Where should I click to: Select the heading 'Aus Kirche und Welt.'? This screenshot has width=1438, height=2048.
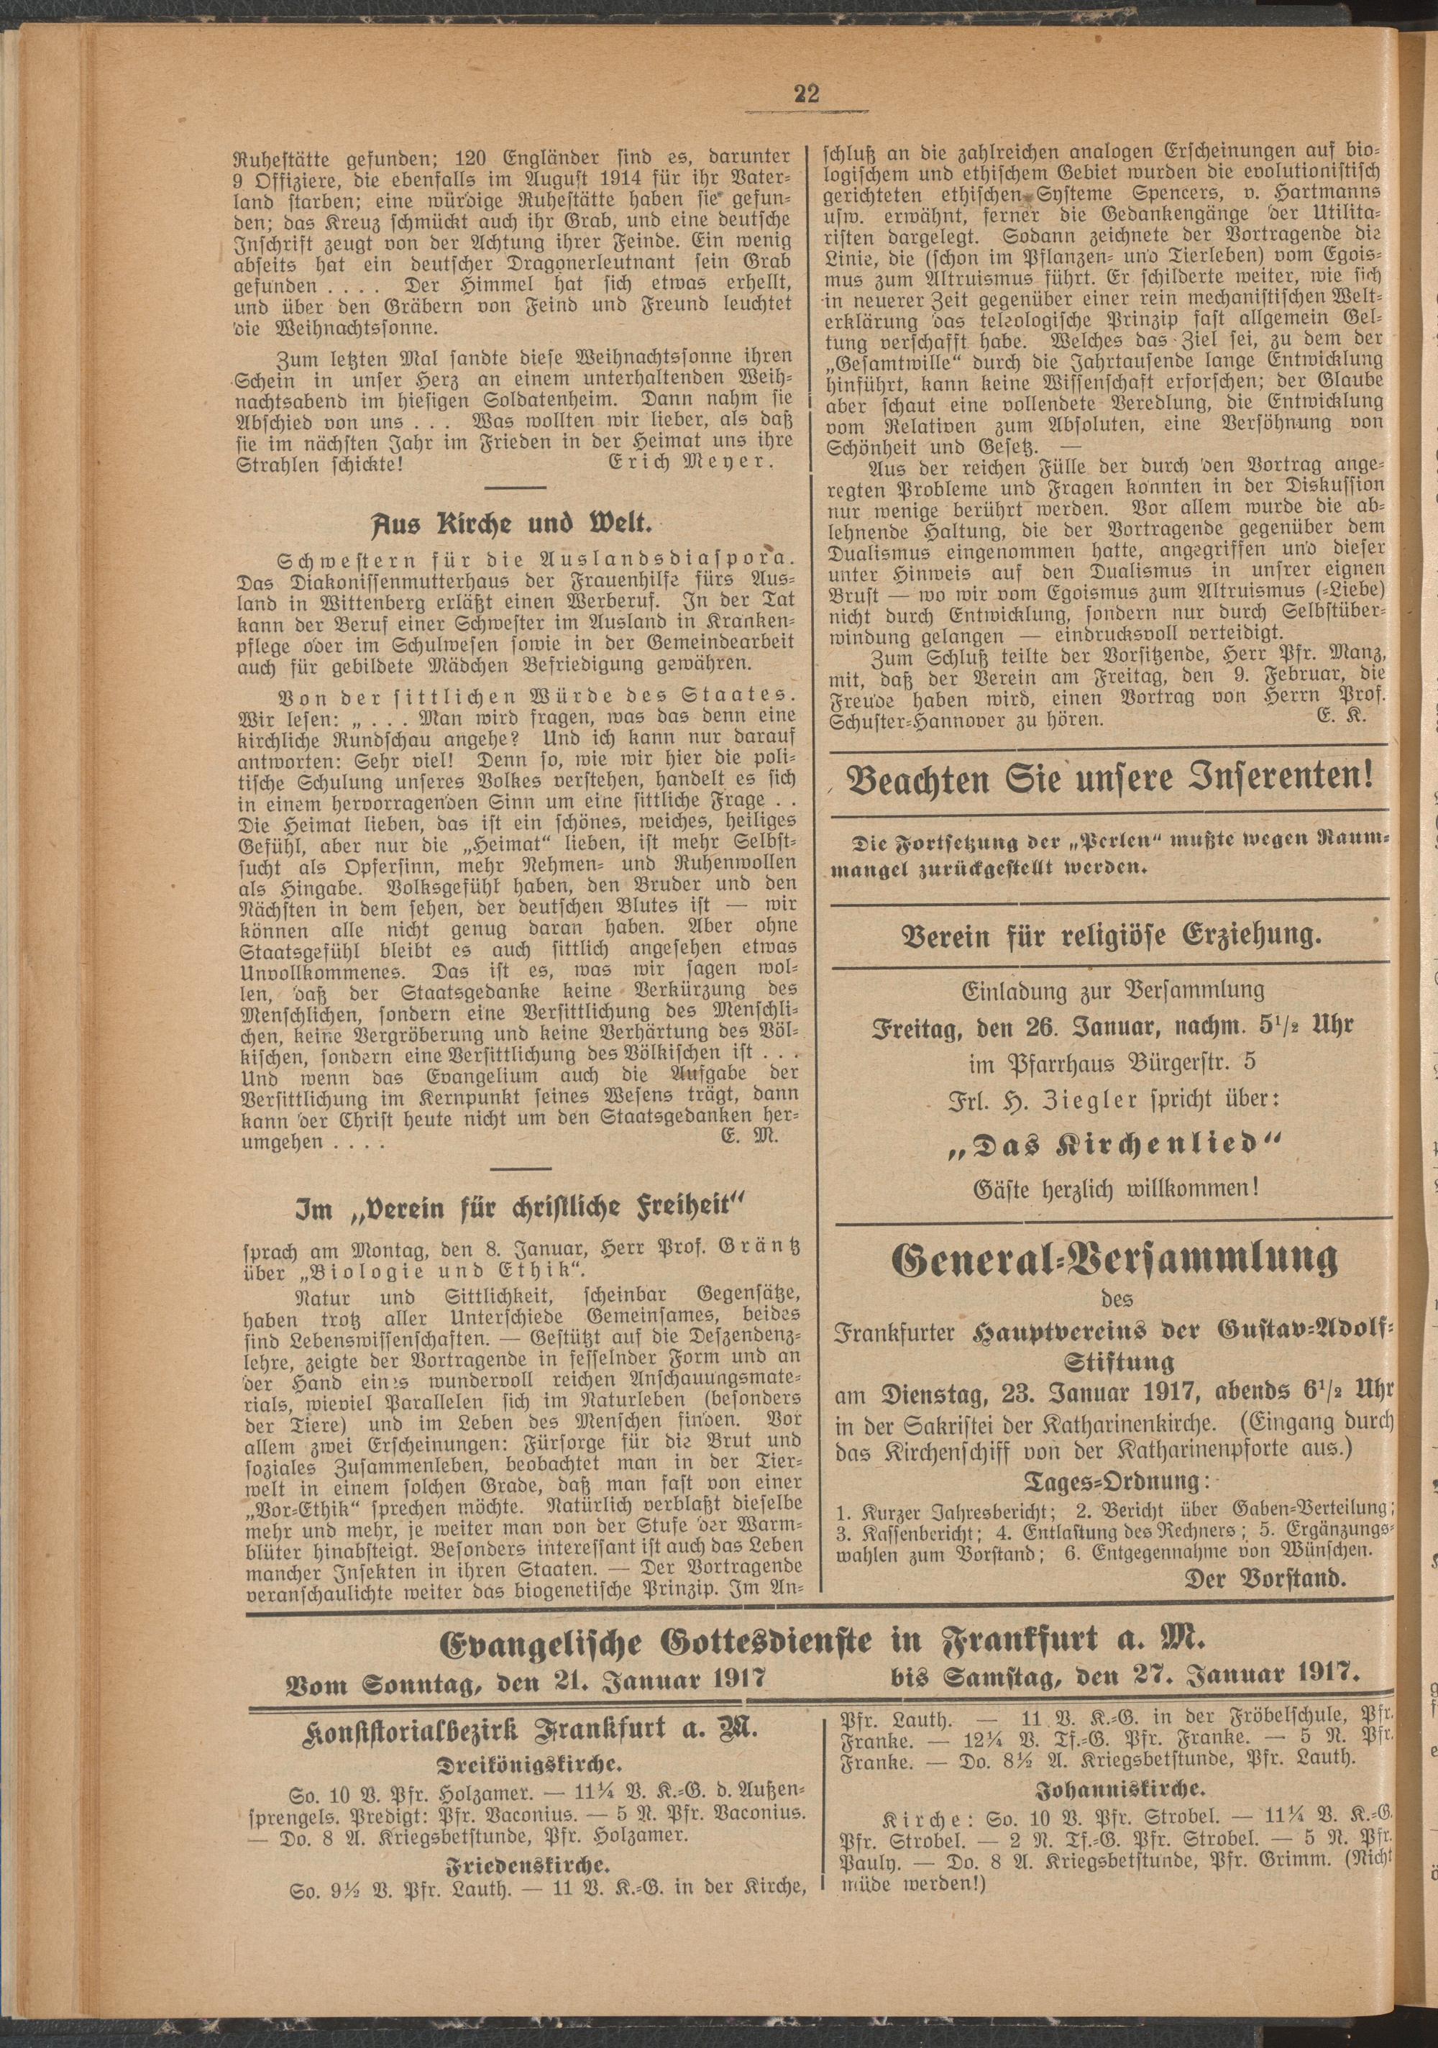pos(520,522)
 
